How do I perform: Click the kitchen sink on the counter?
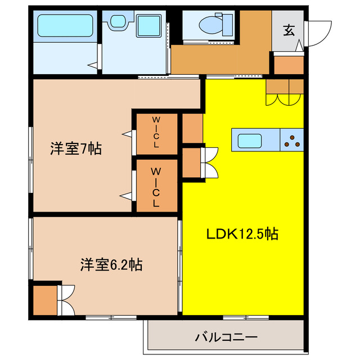pyautogui.click(x=248, y=141)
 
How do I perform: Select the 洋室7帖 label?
pyautogui.click(x=75, y=149)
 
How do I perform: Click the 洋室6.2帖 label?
pyautogui.click(x=110, y=264)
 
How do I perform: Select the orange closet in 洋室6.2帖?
pyautogui.click(x=44, y=300)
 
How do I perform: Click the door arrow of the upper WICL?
pyautogui.click(x=128, y=134)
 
